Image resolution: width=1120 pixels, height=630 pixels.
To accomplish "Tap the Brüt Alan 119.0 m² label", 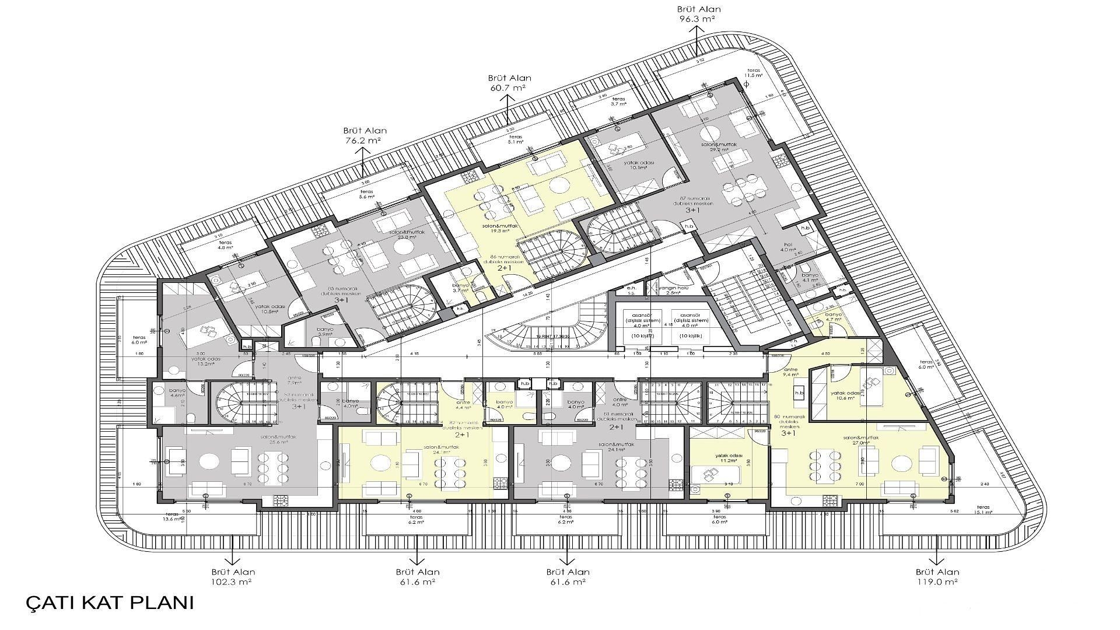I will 937,577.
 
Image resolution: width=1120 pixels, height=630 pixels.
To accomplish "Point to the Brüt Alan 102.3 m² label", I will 233,577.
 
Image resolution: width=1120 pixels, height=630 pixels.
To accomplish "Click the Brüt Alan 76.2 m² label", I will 365,136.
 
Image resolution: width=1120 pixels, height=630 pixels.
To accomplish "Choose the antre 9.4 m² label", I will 790,372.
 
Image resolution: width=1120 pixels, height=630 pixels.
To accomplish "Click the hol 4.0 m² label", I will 788,247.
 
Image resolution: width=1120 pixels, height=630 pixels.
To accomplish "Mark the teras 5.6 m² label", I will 366,194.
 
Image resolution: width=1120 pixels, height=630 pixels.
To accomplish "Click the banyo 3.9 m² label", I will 325,332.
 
